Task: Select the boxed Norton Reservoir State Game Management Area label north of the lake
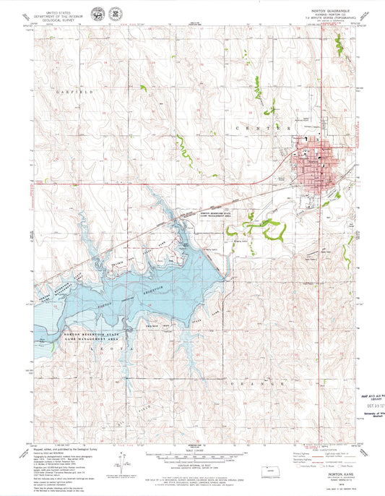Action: [221, 215]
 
